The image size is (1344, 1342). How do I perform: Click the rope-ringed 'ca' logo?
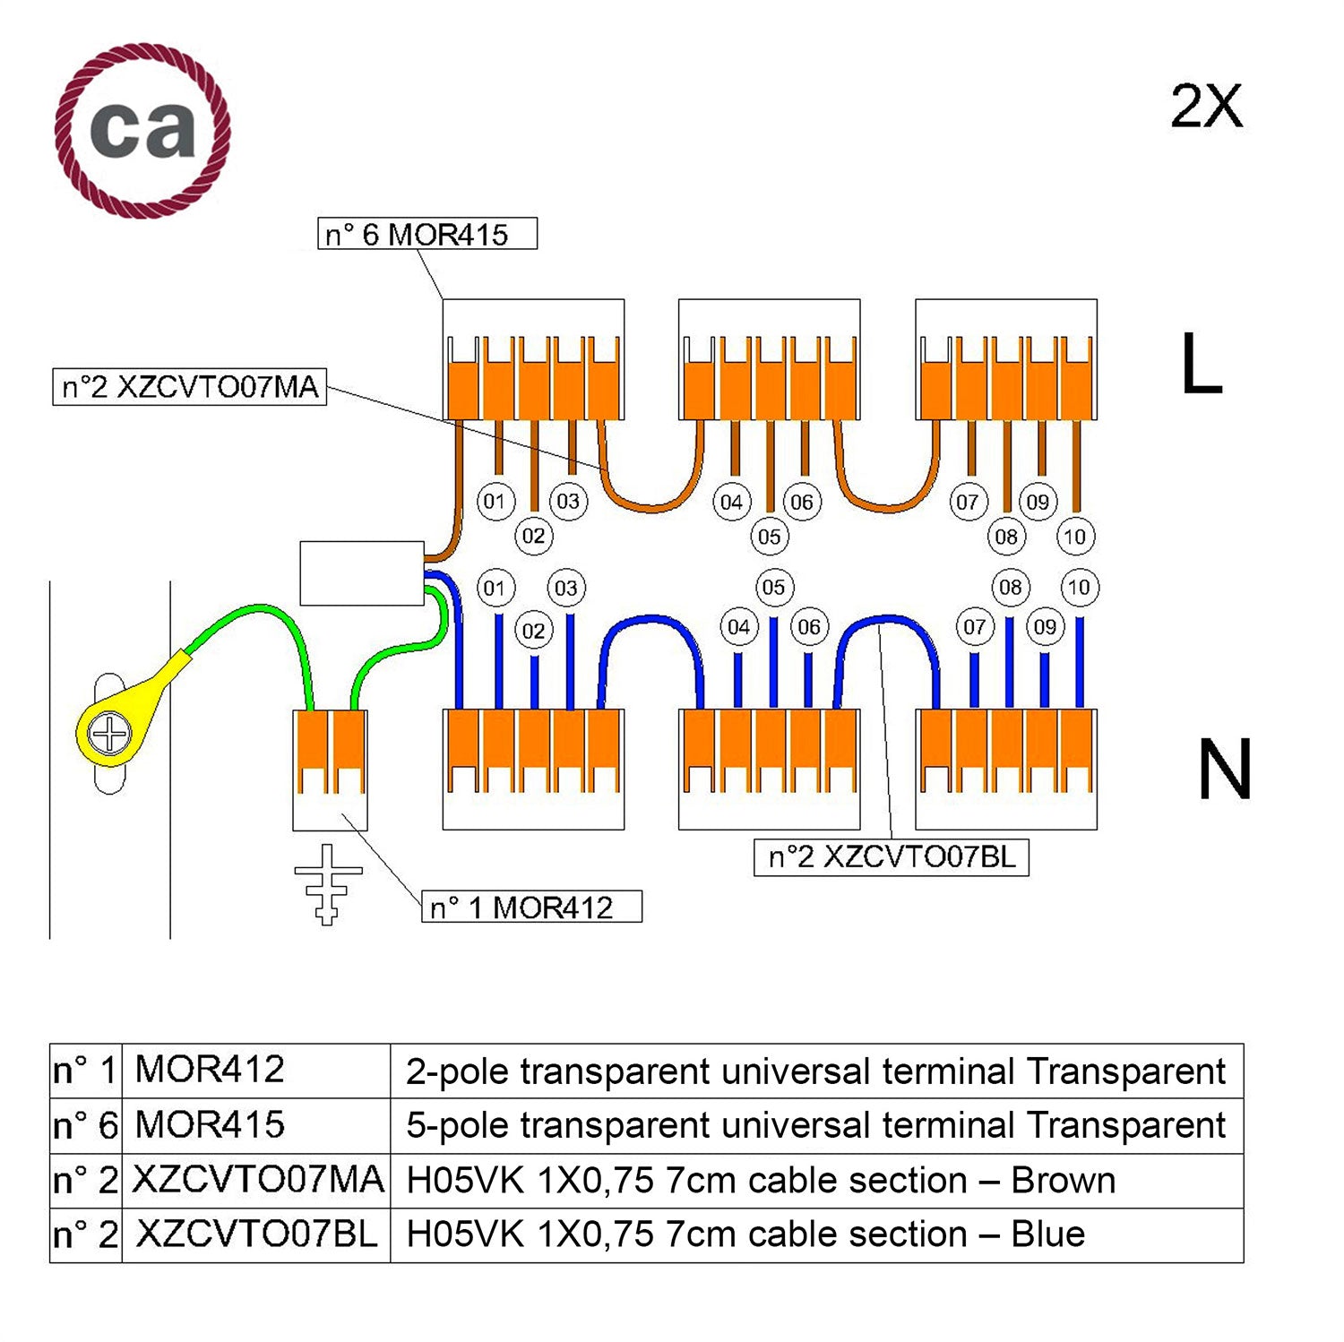[142, 131]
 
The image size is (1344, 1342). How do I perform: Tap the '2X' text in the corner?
[1206, 108]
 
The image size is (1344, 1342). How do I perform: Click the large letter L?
[1201, 364]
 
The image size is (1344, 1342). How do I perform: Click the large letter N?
[1224, 770]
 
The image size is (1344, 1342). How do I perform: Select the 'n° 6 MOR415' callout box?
[427, 234]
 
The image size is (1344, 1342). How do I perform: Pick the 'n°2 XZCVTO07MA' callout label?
[190, 387]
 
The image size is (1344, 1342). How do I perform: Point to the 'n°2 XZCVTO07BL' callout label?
[892, 857]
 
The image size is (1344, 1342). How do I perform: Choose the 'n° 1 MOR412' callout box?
[532, 907]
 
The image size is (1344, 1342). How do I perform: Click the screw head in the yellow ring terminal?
[110, 735]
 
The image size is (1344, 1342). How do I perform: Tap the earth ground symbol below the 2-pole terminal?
[328, 883]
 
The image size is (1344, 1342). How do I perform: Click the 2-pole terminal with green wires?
[330, 769]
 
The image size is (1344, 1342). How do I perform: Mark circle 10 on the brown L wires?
[1074, 537]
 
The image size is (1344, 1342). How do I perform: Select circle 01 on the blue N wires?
[495, 589]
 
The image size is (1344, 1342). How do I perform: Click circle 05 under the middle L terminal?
[769, 537]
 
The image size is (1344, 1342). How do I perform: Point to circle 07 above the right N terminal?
[974, 627]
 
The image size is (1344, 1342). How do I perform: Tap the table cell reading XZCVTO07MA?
[257, 1180]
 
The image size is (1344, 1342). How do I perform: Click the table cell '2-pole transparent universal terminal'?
[815, 1071]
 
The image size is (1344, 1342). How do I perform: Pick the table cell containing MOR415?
[211, 1125]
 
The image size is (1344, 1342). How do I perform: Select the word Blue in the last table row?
[1047, 1234]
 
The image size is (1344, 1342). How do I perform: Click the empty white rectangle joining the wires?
[362, 573]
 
